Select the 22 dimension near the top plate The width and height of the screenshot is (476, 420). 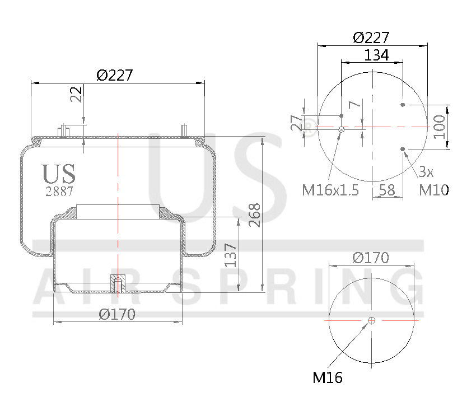(77, 94)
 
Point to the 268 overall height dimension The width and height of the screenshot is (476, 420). (255, 214)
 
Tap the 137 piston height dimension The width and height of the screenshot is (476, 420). (230, 255)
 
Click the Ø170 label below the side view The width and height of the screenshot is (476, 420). (117, 314)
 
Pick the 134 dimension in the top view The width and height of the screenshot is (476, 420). (376, 55)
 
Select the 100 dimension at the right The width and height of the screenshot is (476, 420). (440, 127)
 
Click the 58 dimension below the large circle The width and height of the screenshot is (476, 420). (387, 190)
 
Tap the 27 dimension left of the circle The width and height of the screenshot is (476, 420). (296, 122)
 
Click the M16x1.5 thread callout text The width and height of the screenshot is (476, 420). (330, 190)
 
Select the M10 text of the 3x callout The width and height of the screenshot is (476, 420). (434, 190)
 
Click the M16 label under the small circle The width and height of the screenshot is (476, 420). (327, 378)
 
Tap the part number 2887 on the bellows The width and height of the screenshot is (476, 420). (58, 190)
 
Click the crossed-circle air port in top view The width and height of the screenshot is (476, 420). (341, 130)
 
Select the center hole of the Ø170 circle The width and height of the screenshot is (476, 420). (371, 320)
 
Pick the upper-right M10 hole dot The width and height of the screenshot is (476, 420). (403, 105)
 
